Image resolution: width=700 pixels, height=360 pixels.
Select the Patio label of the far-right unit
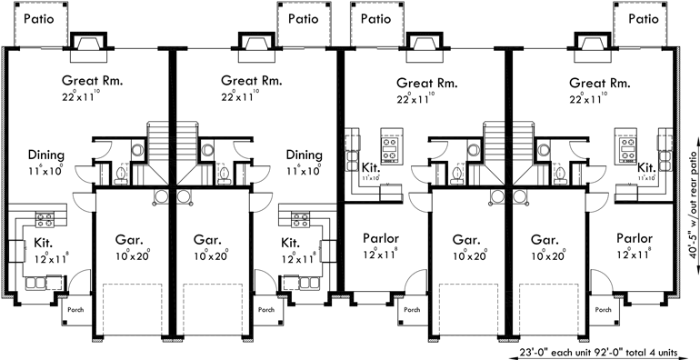coord(643,18)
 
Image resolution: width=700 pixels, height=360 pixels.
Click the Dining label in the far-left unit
coord(45,155)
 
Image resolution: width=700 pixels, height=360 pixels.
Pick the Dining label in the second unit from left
coord(304,155)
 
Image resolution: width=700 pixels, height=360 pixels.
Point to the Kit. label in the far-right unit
coord(646,167)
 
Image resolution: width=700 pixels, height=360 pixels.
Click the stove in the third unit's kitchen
coord(393,144)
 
